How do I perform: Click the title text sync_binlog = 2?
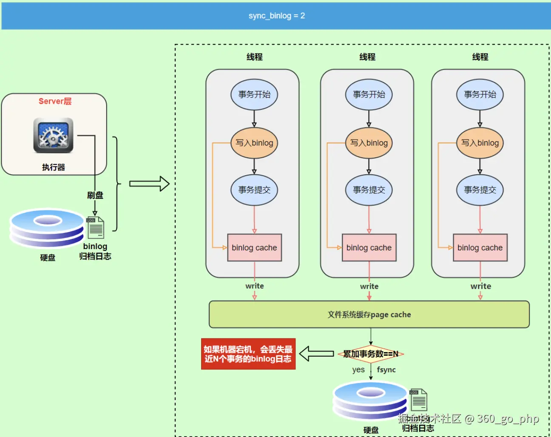tap(277, 16)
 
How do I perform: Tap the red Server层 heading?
tap(55, 101)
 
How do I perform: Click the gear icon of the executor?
tap(53, 136)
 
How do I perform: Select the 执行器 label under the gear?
tap(54, 167)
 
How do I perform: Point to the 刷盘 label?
tap(95, 195)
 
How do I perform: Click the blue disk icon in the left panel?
tap(47, 228)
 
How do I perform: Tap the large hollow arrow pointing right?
tap(149, 184)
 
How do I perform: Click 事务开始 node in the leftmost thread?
tap(254, 94)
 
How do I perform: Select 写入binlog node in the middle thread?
tap(369, 143)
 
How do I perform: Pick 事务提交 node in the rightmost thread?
tap(480, 190)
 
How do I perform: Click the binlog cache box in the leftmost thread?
tap(254, 247)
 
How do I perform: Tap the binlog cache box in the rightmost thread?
tap(480, 247)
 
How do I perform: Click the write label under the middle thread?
tap(369, 287)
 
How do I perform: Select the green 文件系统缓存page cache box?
tap(369, 315)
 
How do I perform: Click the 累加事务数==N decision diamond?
tap(371, 354)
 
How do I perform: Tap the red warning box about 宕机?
tap(248, 354)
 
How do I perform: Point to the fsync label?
tap(386, 370)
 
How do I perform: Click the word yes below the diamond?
tap(358, 370)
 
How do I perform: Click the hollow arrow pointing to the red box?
tap(316, 354)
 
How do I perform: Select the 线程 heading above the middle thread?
tap(367, 57)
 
